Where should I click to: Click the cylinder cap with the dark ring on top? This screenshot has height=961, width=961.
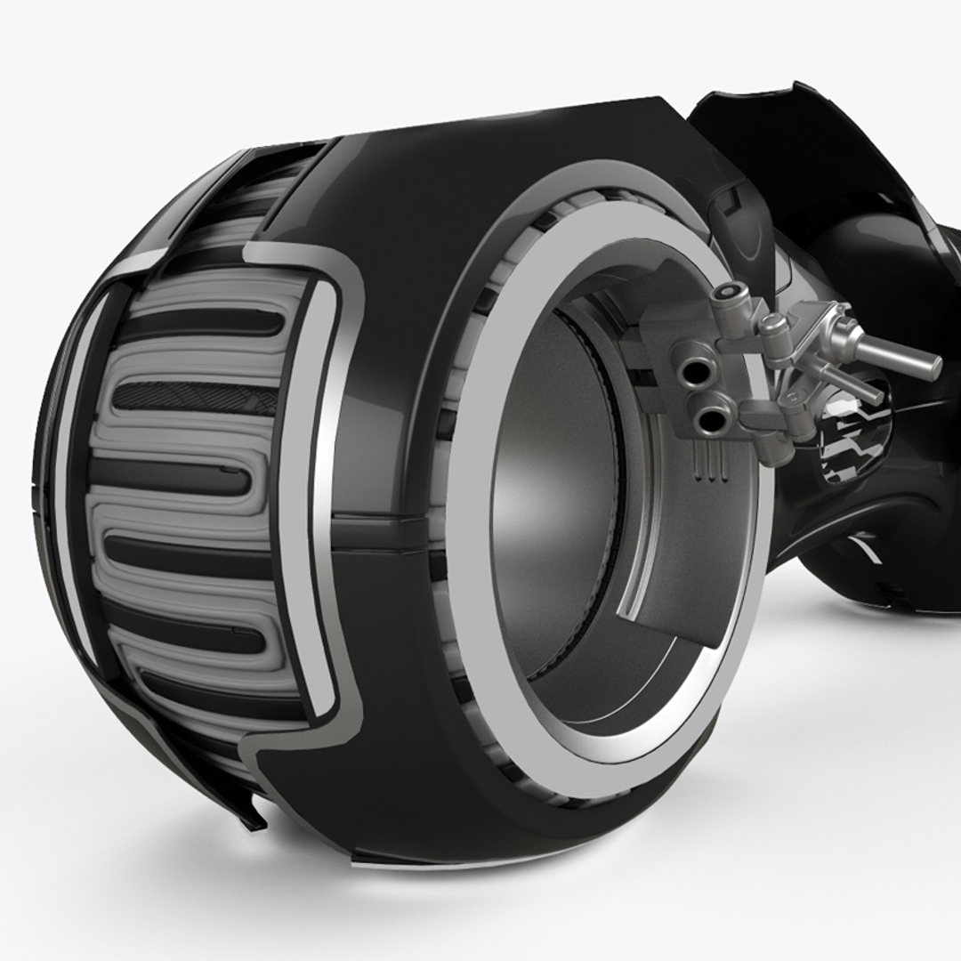coord(731,295)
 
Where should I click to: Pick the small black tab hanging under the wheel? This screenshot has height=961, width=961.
coord(255,816)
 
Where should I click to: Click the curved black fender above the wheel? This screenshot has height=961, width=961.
coord(801,151)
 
